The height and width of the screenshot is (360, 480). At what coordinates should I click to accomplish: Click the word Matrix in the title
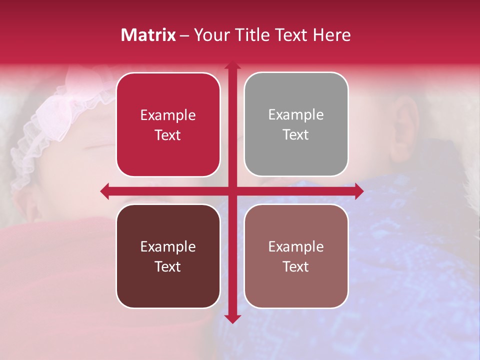tap(148, 35)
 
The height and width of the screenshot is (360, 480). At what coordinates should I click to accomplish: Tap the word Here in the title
tap(331, 35)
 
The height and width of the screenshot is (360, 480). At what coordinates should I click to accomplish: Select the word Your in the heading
tap(210, 35)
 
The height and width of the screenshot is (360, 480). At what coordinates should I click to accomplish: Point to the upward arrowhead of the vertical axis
tap(232, 66)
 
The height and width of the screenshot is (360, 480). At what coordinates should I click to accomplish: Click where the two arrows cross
tap(232, 191)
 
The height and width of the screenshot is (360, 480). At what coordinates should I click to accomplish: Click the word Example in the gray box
tap(296, 115)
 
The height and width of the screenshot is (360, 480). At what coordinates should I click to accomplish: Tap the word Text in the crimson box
tap(168, 135)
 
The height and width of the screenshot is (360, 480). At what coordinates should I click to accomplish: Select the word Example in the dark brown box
tap(168, 246)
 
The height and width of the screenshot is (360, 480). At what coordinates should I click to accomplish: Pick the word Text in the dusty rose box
tap(296, 267)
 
